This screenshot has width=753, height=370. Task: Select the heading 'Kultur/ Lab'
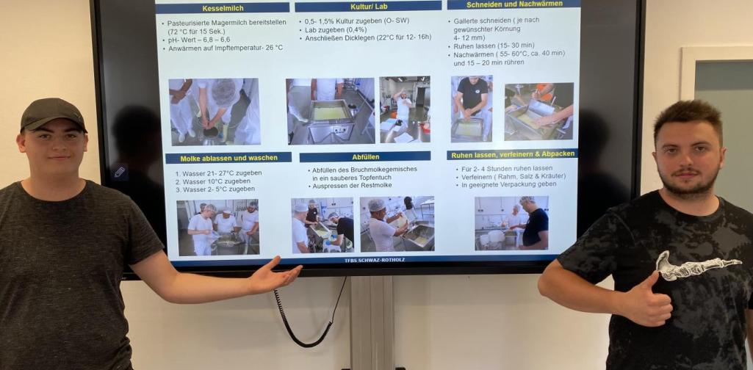367,7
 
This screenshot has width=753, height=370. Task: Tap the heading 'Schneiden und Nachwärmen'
512,4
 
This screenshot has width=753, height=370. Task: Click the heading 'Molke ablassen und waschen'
228,158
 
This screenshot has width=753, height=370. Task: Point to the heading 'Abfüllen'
365,156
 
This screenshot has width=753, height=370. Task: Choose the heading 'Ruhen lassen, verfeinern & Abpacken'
512,154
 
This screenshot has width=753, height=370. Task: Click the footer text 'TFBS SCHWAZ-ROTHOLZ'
374,260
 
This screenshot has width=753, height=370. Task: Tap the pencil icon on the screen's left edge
119,172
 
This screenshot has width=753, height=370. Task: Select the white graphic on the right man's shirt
687,266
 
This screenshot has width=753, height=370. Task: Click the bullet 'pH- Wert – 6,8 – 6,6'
198,40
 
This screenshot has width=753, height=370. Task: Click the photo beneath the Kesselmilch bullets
214,111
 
